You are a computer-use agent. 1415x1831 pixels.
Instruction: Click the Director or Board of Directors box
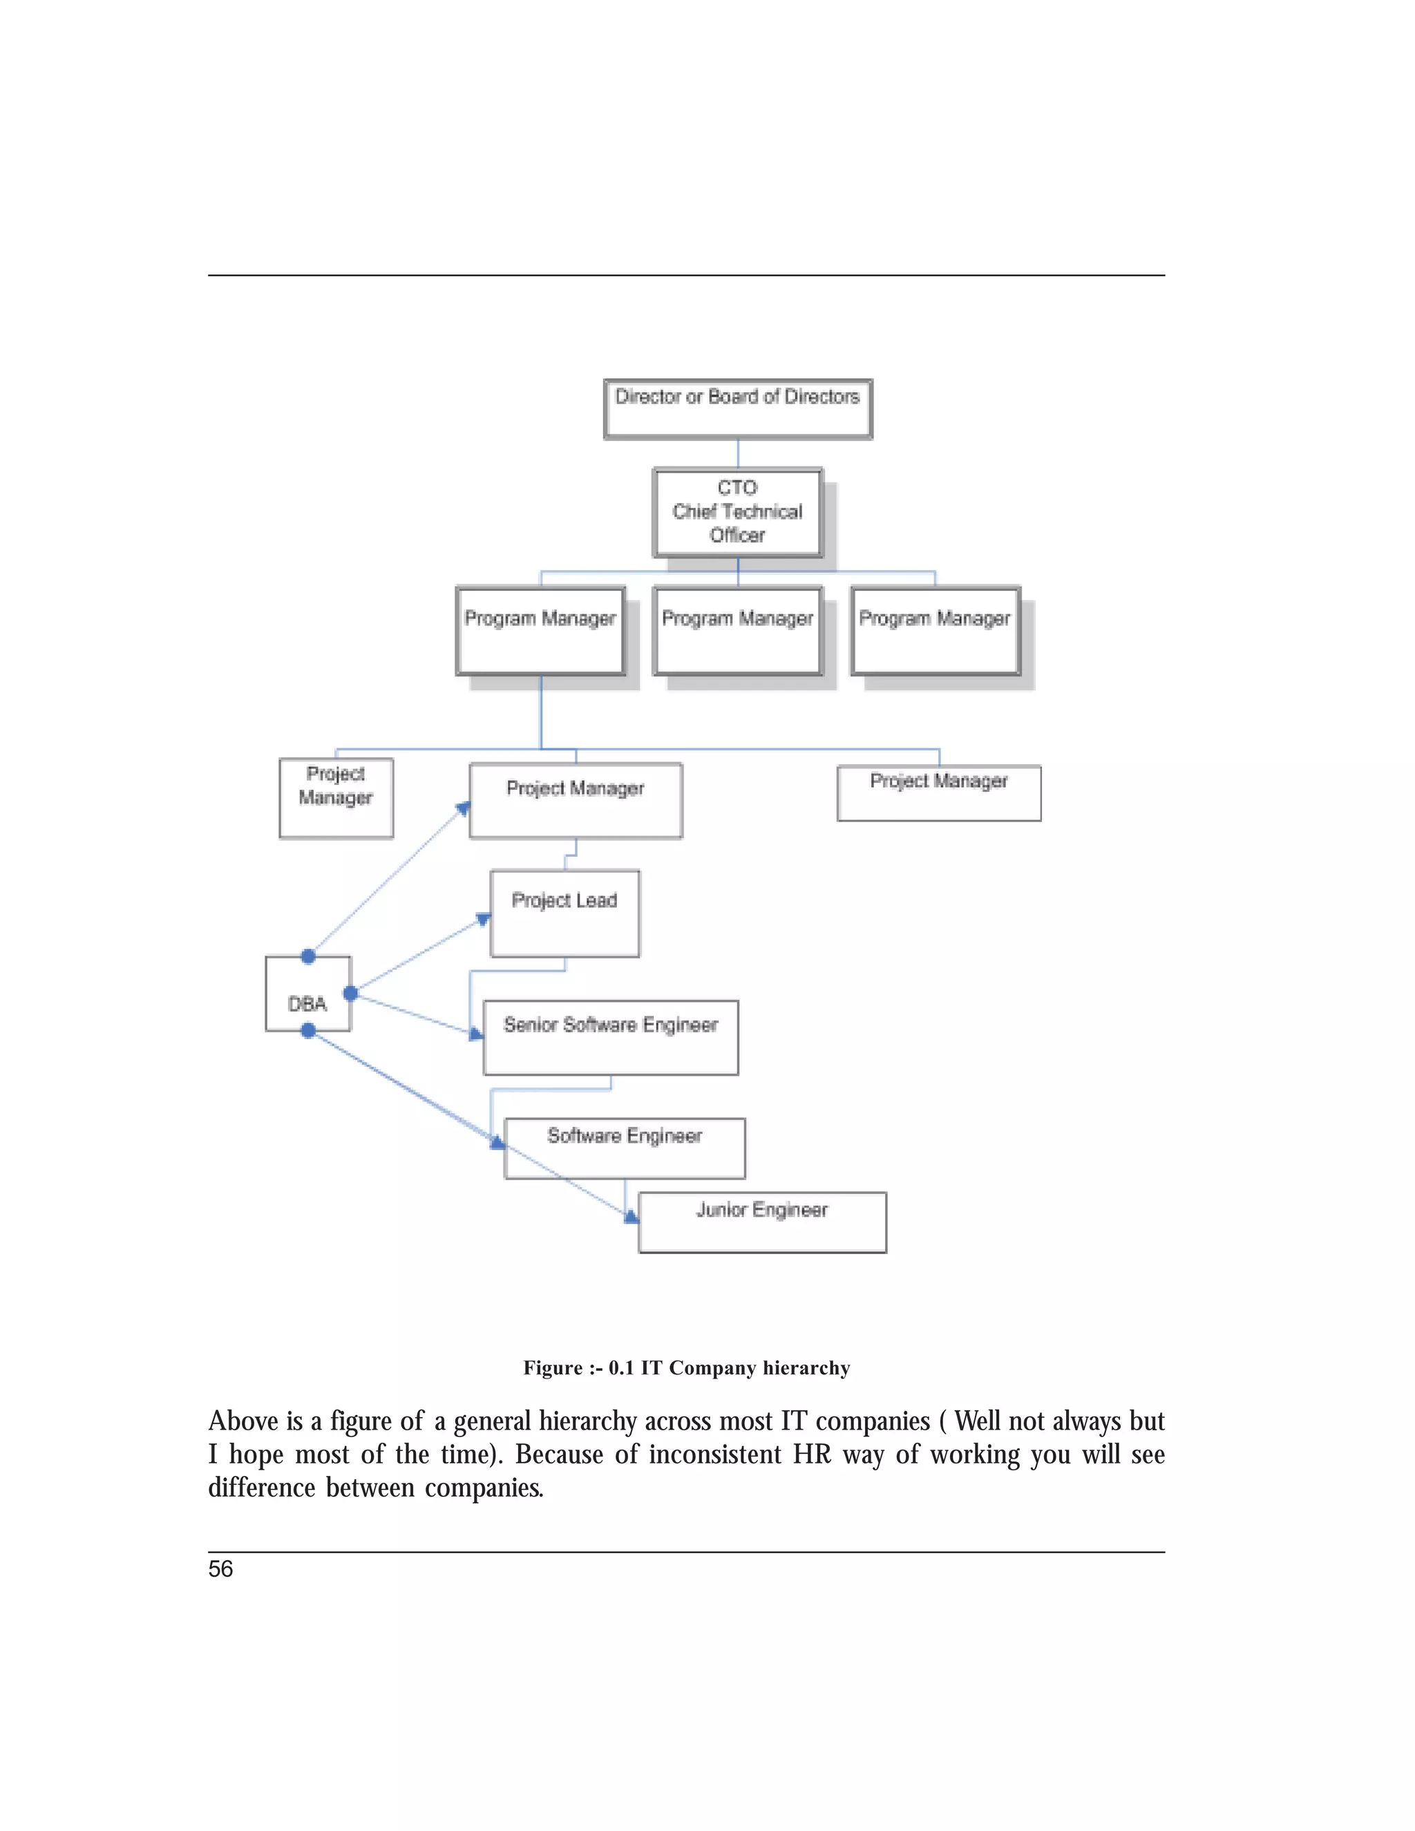click(x=738, y=408)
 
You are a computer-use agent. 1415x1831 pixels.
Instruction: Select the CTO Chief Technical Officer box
click(x=738, y=512)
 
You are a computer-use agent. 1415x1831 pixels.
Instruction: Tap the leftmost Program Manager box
click(x=541, y=630)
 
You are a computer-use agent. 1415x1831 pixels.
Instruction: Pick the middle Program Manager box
click(x=738, y=630)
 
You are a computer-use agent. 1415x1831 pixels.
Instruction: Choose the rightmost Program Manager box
click(x=935, y=630)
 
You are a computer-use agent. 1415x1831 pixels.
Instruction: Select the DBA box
click(x=307, y=994)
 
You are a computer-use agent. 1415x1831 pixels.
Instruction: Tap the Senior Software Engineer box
click(x=610, y=1037)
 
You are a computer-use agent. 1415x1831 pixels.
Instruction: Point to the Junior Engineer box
click(x=762, y=1222)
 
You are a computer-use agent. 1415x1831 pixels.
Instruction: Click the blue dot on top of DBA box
click(x=308, y=956)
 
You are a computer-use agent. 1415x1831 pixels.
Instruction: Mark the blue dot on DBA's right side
click(x=350, y=993)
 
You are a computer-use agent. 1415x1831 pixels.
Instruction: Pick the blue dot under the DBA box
click(x=308, y=1030)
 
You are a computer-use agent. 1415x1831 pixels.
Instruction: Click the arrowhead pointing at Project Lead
click(x=483, y=920)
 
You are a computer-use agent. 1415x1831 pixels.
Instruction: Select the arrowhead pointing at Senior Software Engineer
click(x=475, y=1034)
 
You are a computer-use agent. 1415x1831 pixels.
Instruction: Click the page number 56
click(x=220, y=1568)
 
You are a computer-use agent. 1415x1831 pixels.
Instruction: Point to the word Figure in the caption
click(x=553, y=1367)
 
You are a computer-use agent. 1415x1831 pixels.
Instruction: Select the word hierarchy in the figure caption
click(x=806, y=1367)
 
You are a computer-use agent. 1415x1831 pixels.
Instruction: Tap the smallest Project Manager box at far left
click(x=336, y=797)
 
